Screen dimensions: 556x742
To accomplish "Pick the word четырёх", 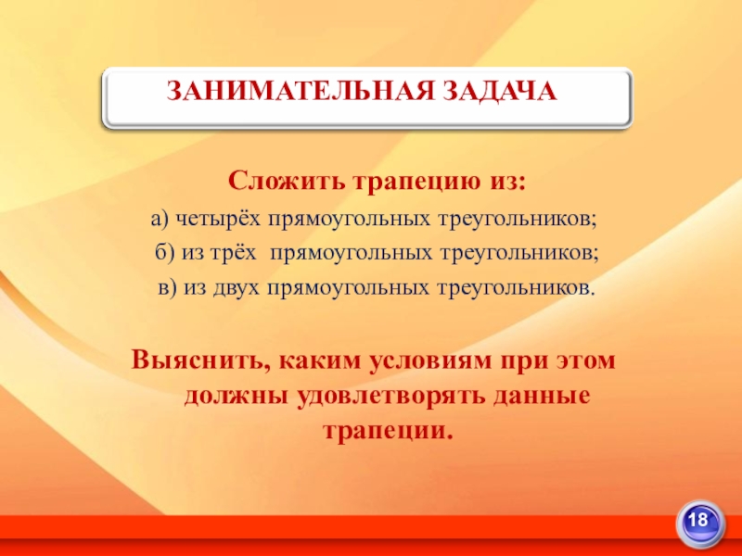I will pyautogui.click(x=217, y=219).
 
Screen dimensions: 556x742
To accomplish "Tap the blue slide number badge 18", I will pyautogui.click(x=704, y=520).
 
